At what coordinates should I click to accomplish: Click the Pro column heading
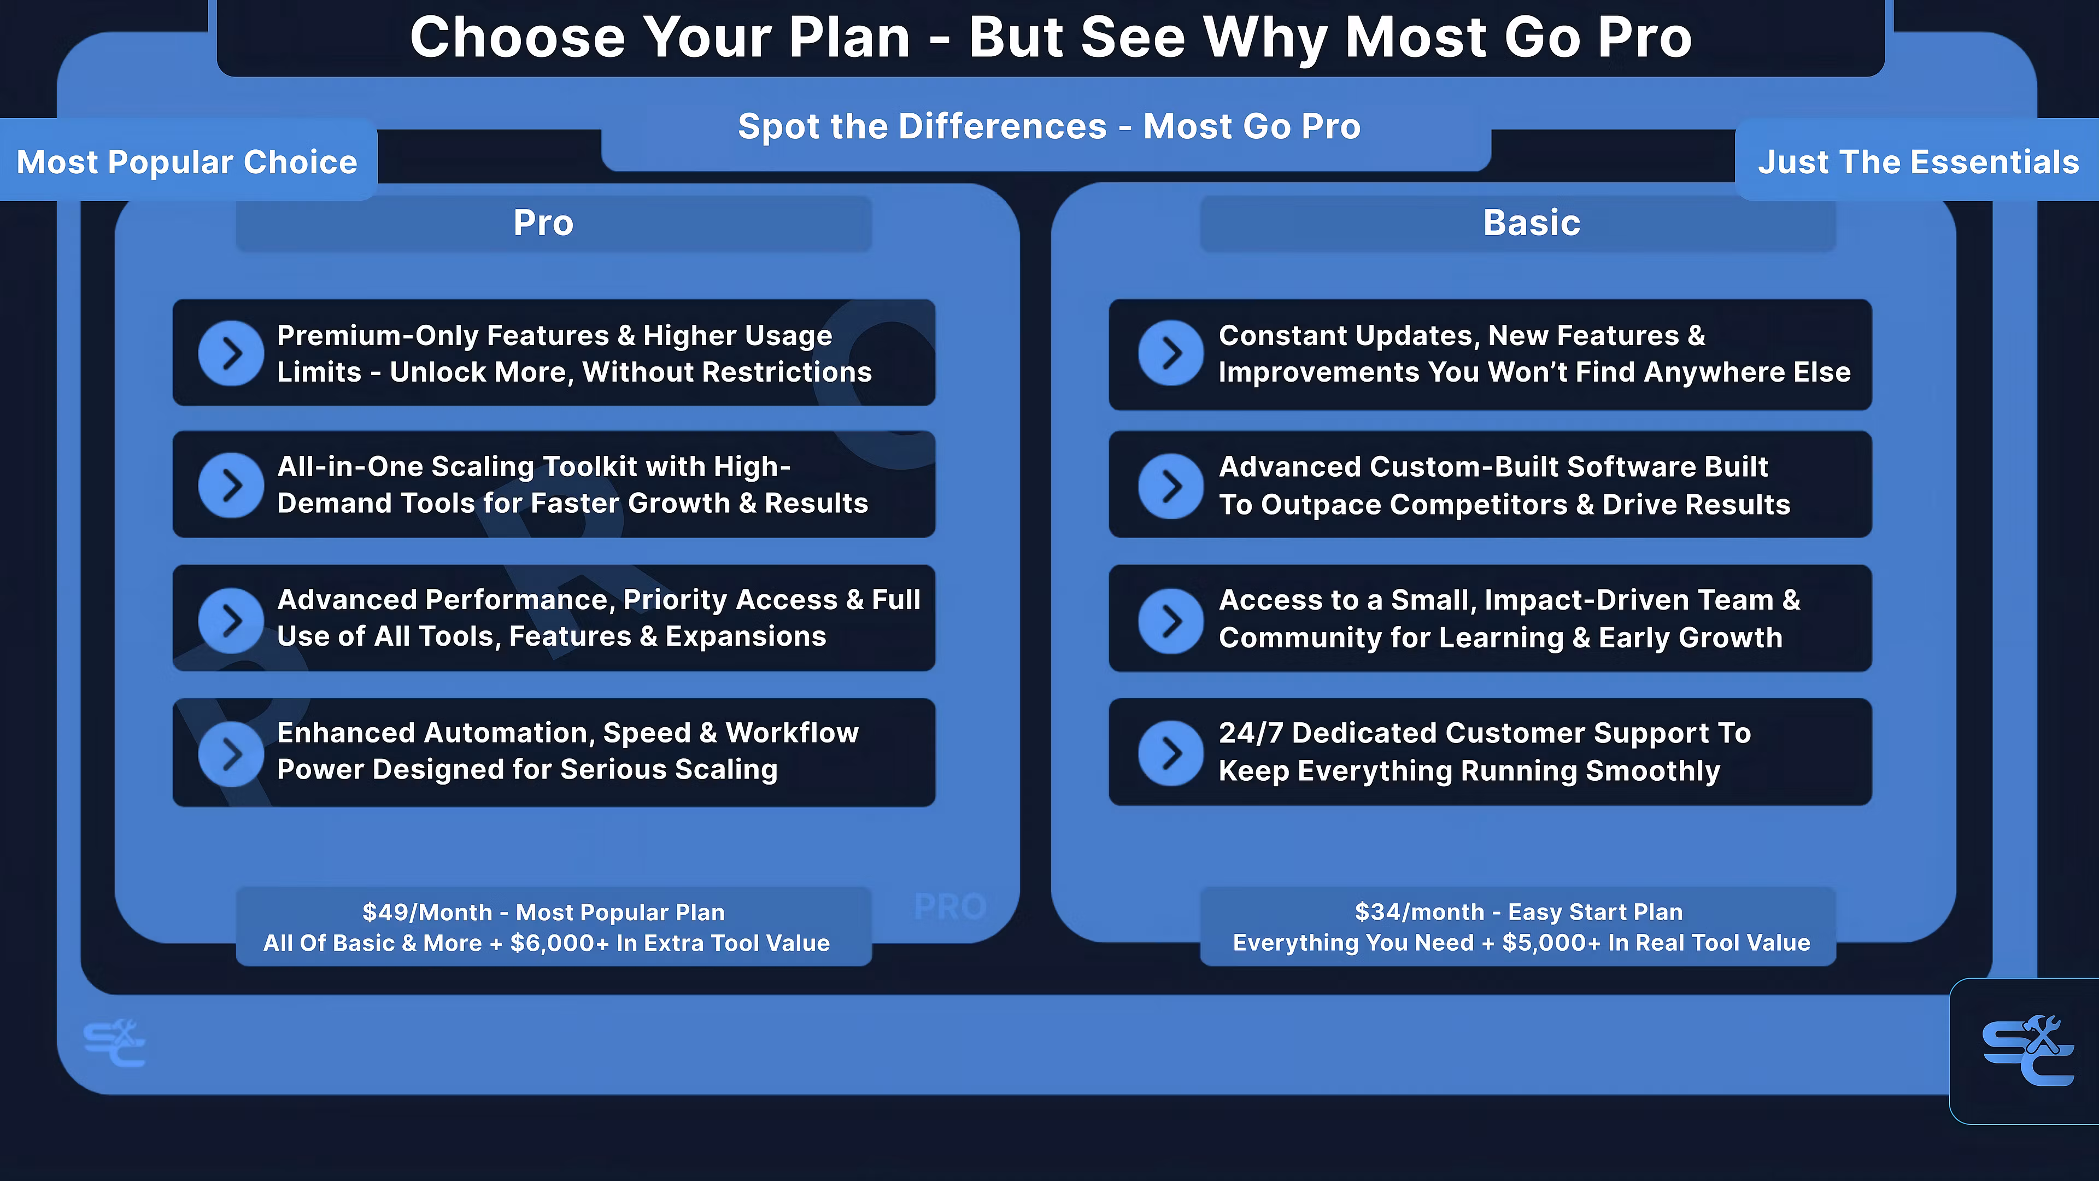543,223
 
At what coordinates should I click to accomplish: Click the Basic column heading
1532,223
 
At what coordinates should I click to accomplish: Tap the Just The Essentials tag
1918,161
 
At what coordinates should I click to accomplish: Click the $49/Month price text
427,912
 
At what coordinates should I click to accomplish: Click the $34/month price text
1420,912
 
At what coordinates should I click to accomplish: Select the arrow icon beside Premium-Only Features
231,353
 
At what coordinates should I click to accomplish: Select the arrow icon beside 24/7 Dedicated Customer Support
1171,752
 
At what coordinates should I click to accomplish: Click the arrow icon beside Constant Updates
1171,353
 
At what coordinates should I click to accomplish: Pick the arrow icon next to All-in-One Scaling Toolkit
231,485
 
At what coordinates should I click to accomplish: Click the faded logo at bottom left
114,1043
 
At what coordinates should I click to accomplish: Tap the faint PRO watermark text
950,907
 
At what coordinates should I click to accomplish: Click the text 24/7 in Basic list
1251,733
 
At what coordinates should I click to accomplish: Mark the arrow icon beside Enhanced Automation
231,753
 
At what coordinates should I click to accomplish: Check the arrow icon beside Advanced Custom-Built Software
1171,486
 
